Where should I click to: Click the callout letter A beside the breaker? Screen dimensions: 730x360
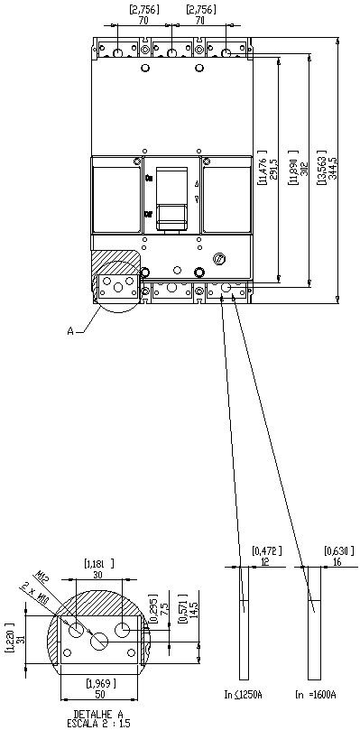(70, 331)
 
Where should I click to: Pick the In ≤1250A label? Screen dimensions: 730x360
(243, 694)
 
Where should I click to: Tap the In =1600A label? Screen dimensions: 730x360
(315, 694)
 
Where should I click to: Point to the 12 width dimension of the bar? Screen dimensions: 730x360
(265, 560)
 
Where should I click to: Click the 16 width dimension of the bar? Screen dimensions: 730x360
(337, 560)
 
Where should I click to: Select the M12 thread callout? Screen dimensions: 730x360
(44, 576)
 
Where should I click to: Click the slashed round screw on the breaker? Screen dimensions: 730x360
(217, 261)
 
